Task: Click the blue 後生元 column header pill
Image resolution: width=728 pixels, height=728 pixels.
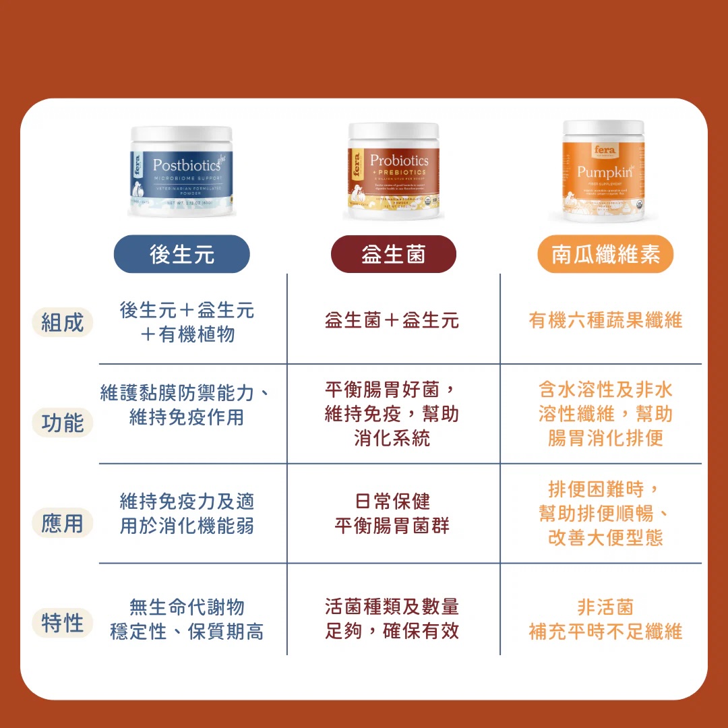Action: pyautogui.click(x=181, y=254)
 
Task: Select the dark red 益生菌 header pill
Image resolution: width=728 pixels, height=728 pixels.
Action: pyautogui.click(x=394, y=254)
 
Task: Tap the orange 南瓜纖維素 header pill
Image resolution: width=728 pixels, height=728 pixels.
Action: pyautogui.click(x=605, y=254)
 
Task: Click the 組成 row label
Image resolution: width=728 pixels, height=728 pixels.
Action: pyautogui.click(x=62, y=322)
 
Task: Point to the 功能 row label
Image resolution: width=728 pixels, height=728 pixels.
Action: pyautogui.click(x=62, y=423)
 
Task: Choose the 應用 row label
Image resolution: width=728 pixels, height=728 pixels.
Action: pyautogui.click(x=62, y=523)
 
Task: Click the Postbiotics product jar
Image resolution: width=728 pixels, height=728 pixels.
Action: pyautogui.click(x=181, y=171)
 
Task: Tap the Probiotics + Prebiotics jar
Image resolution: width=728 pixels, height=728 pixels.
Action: pyautogui.click(x=394, y=172)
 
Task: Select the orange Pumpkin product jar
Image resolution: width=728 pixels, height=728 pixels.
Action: pyautogui.click(x=604, y=171)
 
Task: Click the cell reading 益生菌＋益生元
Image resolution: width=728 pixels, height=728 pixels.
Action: pyautogui.click(x=392, y=320)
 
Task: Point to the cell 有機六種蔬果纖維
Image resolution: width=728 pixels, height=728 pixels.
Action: pyautogui.click(x=605, y=320)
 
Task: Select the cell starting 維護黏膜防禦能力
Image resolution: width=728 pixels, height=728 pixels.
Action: pyautogui.click(x=186, y=404)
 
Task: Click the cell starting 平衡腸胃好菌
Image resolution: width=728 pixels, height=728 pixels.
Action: pyautogui.click(x=392, y=414)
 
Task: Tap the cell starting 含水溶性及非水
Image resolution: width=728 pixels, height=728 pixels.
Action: pyautogui.click(x=605, y=414)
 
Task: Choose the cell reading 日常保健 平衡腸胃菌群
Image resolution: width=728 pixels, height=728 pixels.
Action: pyautogui.click(x=392, y=514)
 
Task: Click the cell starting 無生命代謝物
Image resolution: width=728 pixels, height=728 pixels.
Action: pyautogui.click(x=187, y=619)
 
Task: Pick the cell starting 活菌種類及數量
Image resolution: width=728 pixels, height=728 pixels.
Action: pyautogui.click(x=392, y=619)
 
